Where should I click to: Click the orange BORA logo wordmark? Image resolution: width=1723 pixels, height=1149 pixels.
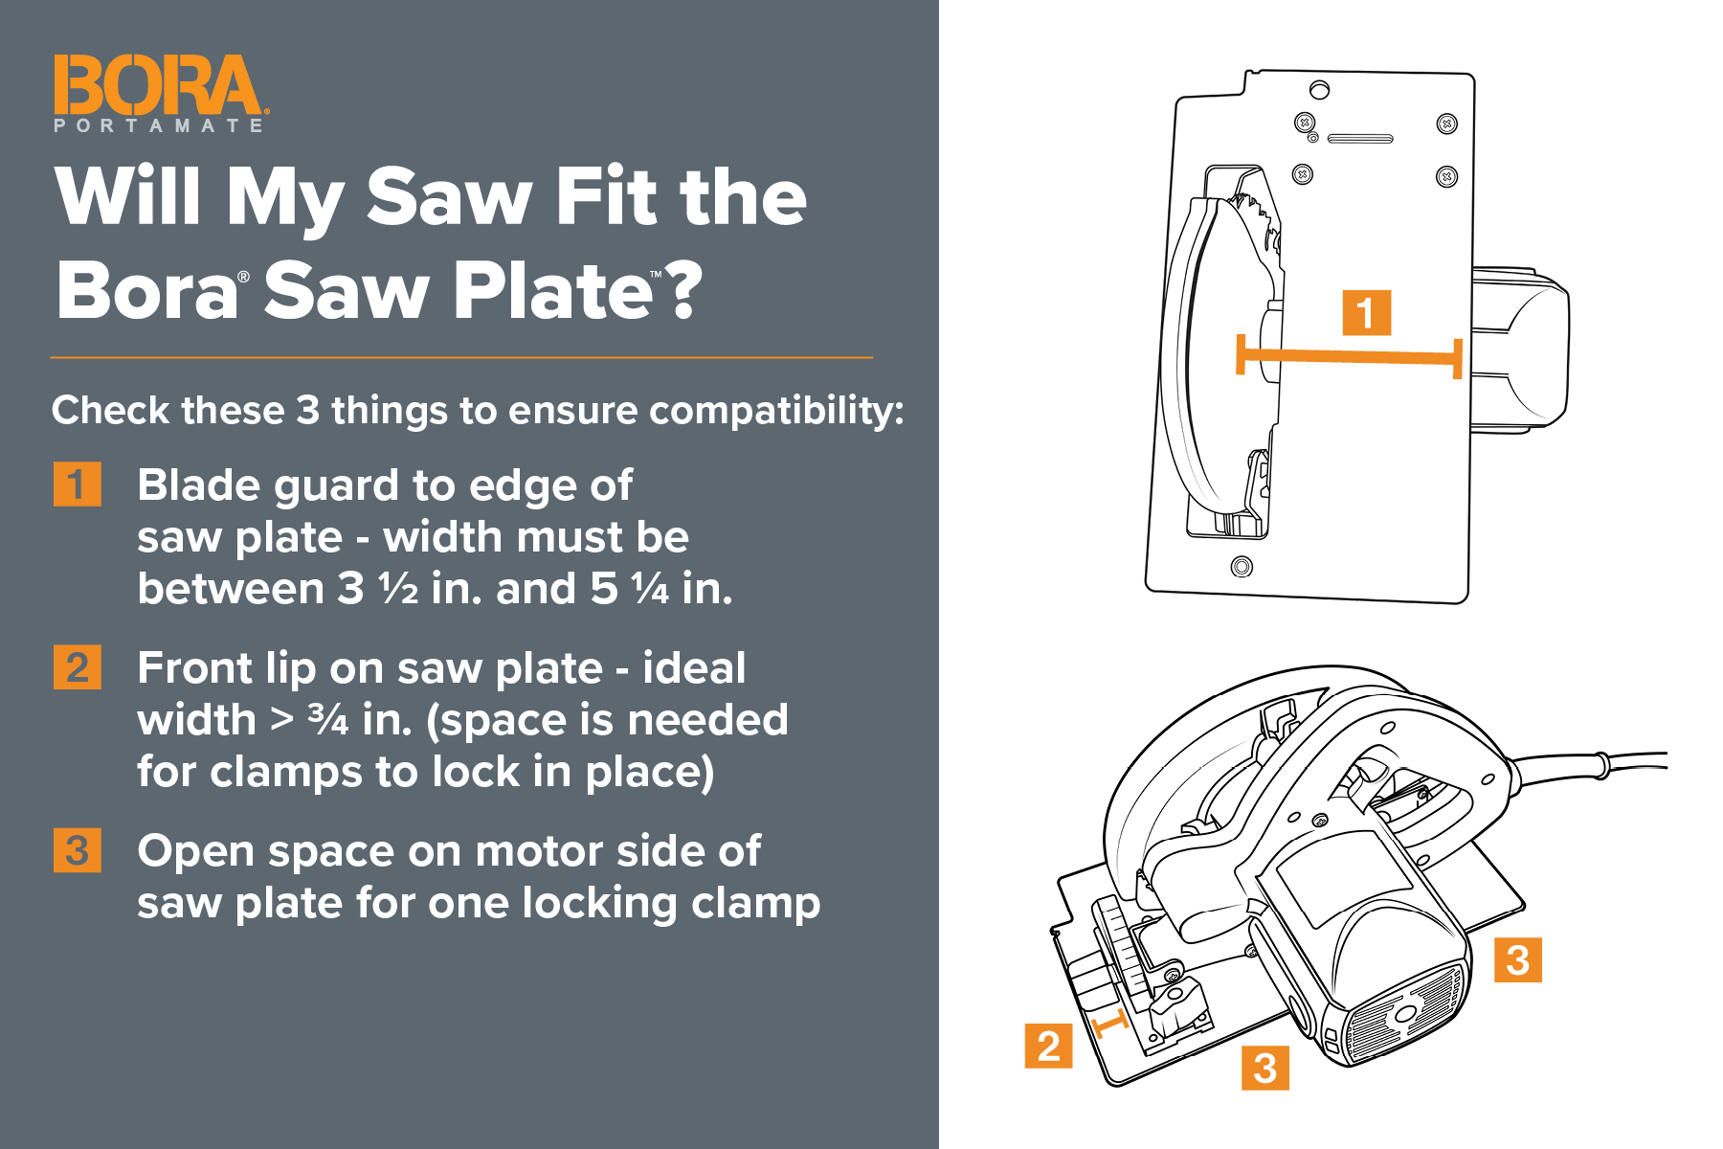click(x=157, y=84)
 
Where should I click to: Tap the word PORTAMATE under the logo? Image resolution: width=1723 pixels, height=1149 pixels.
click(x=158, y=125)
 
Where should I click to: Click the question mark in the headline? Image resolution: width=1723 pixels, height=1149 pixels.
click(x=683, y=289)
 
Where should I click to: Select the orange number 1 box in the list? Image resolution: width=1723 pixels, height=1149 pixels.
click(x=77, y=484)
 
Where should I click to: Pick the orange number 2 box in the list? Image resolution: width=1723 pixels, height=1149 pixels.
click(x=77, y=667)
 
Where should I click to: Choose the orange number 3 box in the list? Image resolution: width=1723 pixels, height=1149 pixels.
click(x=77, y=850)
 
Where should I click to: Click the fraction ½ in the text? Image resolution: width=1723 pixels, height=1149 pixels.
click(x=398, y=589)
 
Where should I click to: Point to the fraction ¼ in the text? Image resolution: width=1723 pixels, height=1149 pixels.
click(x=650, y=589)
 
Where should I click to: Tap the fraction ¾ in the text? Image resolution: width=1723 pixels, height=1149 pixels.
click(x=328, y=720)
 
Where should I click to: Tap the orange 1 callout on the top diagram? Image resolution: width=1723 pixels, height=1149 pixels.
click(x=1366, y=313)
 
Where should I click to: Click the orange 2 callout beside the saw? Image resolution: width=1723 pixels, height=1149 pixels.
click(x=1048, y=1046)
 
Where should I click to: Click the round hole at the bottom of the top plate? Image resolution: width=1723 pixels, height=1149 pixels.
click(x=1242, y=566)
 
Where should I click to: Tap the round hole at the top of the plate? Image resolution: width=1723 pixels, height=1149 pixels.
click(x=1319, y=90)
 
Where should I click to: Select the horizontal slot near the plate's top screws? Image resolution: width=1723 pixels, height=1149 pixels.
click(x=1360, y=139)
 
